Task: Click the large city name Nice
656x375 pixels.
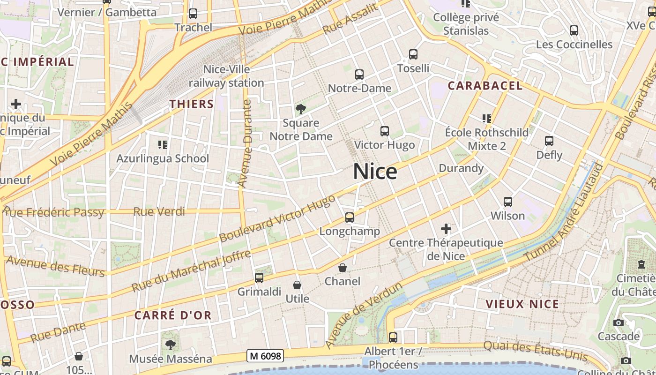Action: coord(375,172)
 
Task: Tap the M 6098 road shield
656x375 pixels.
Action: coord(266,356)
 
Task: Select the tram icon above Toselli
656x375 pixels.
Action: coord(413,54)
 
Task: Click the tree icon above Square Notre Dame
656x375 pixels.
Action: coord(301,109)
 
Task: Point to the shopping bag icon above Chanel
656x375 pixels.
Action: coord(343,268)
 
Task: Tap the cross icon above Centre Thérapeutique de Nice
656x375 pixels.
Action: coord(446,229)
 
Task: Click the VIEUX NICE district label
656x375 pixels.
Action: coord(522,304)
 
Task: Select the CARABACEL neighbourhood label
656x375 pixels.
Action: coord(485,86)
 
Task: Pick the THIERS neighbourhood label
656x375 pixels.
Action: coord(191,104)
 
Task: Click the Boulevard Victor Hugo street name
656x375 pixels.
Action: coord(277,218)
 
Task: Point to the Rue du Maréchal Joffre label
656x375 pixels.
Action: coord(191,271)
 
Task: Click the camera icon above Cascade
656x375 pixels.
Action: coord(619,322)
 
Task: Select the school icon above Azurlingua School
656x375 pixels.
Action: coord(163,145)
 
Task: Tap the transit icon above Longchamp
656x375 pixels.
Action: coord(350,217)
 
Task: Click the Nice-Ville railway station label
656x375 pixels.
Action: coord(226,76)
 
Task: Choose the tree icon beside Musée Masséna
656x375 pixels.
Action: coord(171,345)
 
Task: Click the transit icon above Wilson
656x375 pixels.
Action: coord(508,202)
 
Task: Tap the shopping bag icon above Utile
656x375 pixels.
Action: coord(297,285)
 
